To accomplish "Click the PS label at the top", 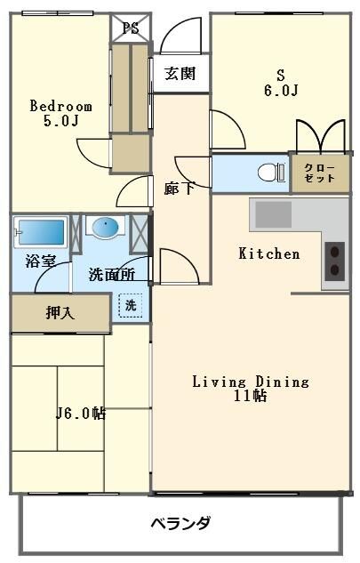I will tap(130, 27).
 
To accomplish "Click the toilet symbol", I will tap(268, 173).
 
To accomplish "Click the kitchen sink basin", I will tap(274, 214).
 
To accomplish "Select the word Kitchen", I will tap(269, 253).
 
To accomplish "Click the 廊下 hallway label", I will tap(177, 188).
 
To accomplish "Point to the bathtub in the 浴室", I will tap(40, 233).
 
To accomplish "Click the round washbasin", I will tap(105, 228).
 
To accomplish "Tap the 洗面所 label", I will tap(111, 275).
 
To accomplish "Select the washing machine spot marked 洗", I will tap(131, 305).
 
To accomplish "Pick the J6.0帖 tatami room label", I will tap(81, 413).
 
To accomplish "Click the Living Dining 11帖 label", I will tap(251, 389).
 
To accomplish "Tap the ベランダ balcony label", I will tap(180, 523).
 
